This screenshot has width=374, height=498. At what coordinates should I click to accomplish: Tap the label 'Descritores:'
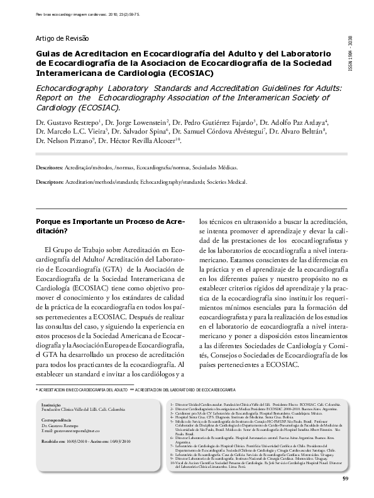click(49, 169)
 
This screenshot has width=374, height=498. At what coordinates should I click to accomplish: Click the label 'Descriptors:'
click(50, 182)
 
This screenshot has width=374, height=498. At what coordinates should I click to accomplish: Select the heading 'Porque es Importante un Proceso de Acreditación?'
click(110, 226)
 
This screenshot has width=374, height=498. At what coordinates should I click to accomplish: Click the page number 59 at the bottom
click(345, 479)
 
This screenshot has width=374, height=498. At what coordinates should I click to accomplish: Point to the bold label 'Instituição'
click(50, 405)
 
